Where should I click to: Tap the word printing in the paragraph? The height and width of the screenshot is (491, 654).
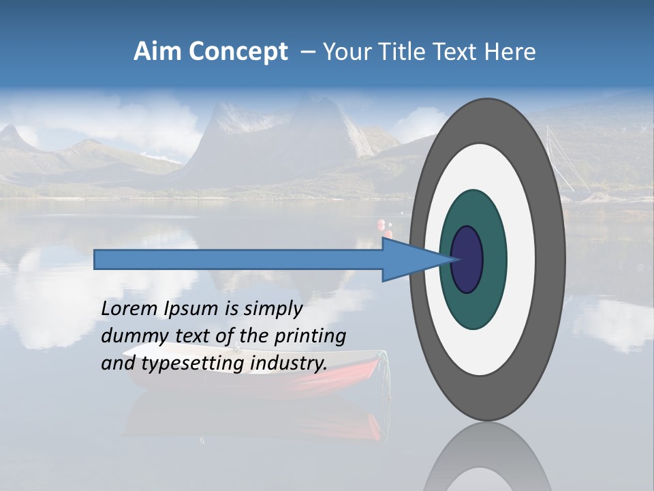click(x=310, y=337)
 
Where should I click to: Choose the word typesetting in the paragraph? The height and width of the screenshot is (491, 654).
click(x=194, y=364)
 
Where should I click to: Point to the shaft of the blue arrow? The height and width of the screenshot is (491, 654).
click(x=238, y=259)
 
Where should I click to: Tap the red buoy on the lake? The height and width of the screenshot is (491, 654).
click(x=380, y=224)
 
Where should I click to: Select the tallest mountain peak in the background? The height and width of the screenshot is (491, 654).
click(x=310, y=109)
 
